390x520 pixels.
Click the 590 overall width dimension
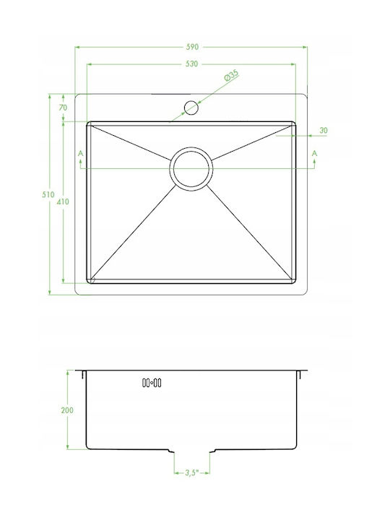click(x=192, y=47)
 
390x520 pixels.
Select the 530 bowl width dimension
click(x=191, y=64)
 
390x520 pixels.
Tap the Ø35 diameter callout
click(x=231, y=76)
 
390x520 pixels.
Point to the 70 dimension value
click(x=63, y=108)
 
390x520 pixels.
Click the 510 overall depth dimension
click(x=48, y=195)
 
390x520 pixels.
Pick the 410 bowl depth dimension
click(x=63, y=201)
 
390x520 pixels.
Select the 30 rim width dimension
click(x=324, y=130)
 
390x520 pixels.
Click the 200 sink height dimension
click(x=67, y=410)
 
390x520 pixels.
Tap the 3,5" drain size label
click(x=191, y=472)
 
